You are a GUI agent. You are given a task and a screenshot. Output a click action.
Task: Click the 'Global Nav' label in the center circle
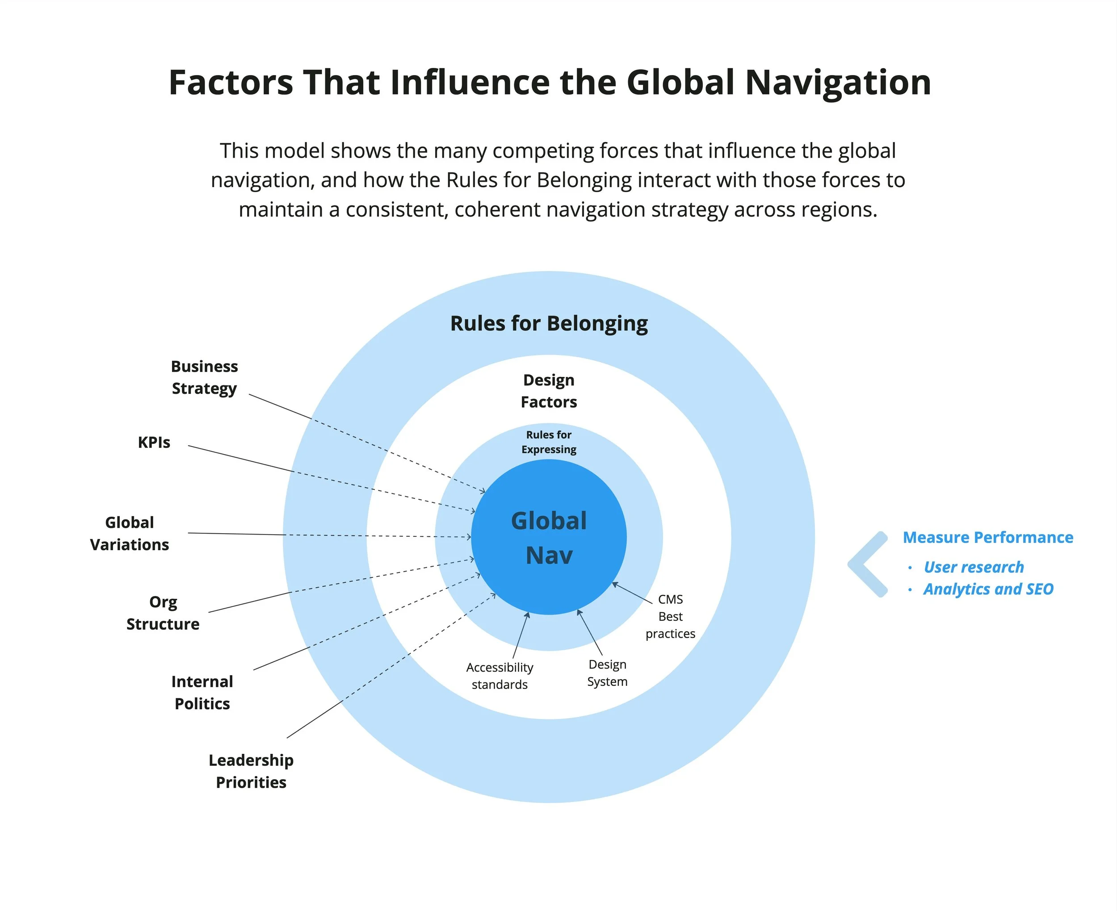point(549,538)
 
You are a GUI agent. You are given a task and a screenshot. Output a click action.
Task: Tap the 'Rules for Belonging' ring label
point(549,323)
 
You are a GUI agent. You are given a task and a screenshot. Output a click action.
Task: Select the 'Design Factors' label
point(549,391)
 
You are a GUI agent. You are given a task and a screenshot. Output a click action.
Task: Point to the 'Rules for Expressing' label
point(549,442)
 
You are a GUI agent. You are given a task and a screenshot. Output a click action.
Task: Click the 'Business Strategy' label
point(204,377)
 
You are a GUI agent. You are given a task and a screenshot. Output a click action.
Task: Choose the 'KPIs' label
point(154,443)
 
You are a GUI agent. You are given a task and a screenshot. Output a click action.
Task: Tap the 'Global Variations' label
point(130,533)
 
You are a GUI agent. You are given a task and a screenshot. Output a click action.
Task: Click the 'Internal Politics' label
point(202,692)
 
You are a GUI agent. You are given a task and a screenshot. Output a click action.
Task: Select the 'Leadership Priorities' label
point(251,771)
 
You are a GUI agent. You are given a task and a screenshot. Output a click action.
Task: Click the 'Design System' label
point(607,673)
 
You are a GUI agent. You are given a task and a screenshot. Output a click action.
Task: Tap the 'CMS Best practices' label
point(670,616)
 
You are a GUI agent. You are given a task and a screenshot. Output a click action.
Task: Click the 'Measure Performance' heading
point(987,537)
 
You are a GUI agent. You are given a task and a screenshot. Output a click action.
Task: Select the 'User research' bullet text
point(973,567)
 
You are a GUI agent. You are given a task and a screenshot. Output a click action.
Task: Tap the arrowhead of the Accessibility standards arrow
point(528,614)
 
